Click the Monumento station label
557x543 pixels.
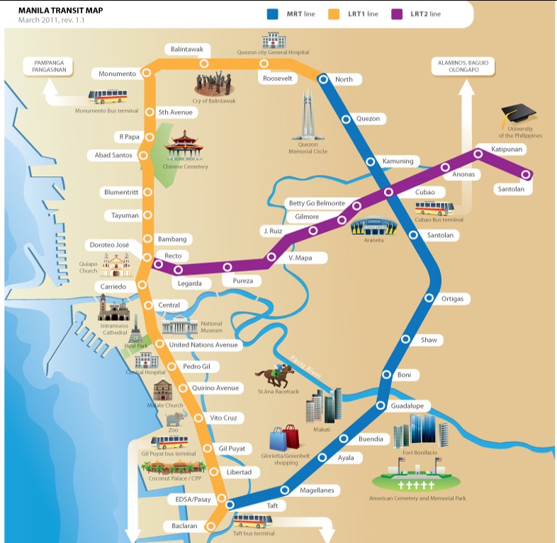[117, 74]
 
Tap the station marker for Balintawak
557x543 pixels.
[204, 64]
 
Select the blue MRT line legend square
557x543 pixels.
[272, 14]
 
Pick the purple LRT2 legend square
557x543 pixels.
[397, 14]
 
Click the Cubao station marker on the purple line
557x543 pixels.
[388, 192]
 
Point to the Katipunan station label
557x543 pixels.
[507, 149]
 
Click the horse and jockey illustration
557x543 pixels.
[274, 375]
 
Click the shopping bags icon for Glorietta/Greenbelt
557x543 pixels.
[285, 438]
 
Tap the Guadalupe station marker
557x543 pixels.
[381, 405]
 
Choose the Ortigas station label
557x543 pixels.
[452, 299]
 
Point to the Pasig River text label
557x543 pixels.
[306, 367]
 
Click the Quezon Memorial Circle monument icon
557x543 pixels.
[308, 115]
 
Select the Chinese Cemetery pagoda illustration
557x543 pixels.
[184, 146]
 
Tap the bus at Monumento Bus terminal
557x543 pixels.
[108, 96]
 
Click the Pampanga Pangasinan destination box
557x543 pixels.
[49, 67]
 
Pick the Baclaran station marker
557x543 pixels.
[210, 526]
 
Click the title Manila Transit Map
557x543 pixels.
[61, 11]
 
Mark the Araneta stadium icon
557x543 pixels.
[373, 226]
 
